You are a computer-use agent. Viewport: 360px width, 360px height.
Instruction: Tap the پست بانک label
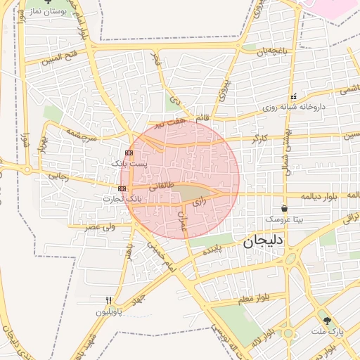(x=130, y=163)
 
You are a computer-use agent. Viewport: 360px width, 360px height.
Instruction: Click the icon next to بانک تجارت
(x=123, y=188)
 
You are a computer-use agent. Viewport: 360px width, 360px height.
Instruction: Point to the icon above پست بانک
(x=129, y=153)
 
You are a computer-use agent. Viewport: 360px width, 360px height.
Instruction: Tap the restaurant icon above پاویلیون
(x=108, y=300)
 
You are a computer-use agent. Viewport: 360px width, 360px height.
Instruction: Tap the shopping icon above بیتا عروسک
(x=284, y=208)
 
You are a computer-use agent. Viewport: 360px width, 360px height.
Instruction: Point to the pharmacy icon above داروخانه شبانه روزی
(x=293, y=97)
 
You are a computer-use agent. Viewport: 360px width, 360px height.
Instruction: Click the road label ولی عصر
(x=100, y=226)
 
